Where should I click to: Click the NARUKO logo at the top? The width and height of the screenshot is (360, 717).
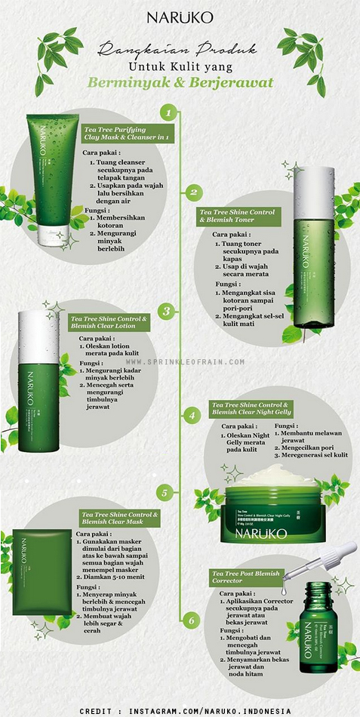click(x=180, y=17)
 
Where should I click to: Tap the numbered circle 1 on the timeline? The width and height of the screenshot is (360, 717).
click(x=170, y=113)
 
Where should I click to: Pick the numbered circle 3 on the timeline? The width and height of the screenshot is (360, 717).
click(x=168, y=310)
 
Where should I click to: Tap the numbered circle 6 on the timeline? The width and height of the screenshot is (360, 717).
click(x=192, y=621)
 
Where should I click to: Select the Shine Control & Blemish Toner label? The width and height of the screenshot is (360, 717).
click(x=238, y=217)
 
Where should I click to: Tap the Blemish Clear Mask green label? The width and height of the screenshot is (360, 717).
click(x=120, y=518)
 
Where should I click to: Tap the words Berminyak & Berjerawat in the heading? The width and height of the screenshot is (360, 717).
click(x=180, y=83)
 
